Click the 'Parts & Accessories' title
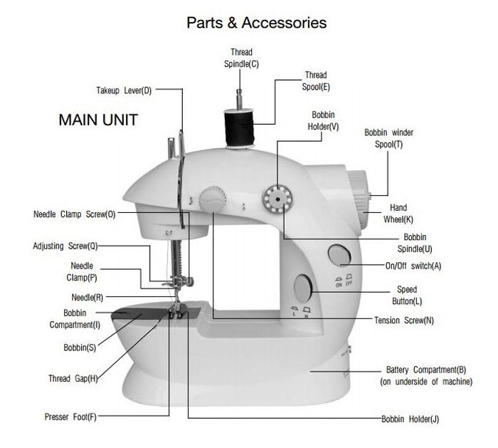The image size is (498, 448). point(256,22)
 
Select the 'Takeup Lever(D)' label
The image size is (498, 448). point(124,90)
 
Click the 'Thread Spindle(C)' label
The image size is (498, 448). point(240,58)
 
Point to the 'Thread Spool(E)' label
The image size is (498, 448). point(315,80)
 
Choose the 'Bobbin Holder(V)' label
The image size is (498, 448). point(324,120)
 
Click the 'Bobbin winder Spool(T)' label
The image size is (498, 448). point(388,138)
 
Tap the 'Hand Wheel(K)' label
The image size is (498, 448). point(398,214)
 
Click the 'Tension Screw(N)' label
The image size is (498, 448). point(403,321)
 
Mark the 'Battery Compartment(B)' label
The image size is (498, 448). point(425,375)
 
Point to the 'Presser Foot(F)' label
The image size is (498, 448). point(70,417)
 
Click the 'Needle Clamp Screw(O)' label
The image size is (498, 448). point(74,214)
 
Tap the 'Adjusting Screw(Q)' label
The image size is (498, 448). point(65,246)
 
